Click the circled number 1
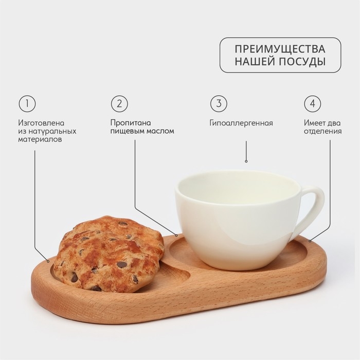tap(27, 103)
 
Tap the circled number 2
tap(119, 103)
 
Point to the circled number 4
tap(311, 103)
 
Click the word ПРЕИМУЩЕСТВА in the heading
tap(280, 49)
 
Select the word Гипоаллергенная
tap(241, 123)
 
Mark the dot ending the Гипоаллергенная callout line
tap(246, 161)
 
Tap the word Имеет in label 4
tap(314, 123)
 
